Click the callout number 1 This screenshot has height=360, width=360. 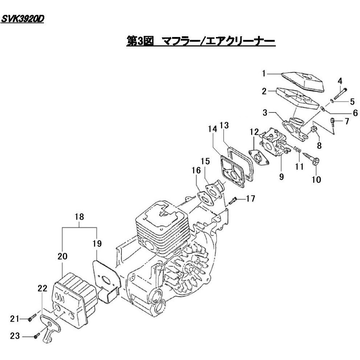tap(265, 74)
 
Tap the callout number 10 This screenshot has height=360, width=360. tap(316, 179)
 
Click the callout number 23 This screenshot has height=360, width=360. tap(15, 336)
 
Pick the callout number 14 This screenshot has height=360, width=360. tap(213, 128)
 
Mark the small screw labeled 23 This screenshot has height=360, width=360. tap(36, 336)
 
